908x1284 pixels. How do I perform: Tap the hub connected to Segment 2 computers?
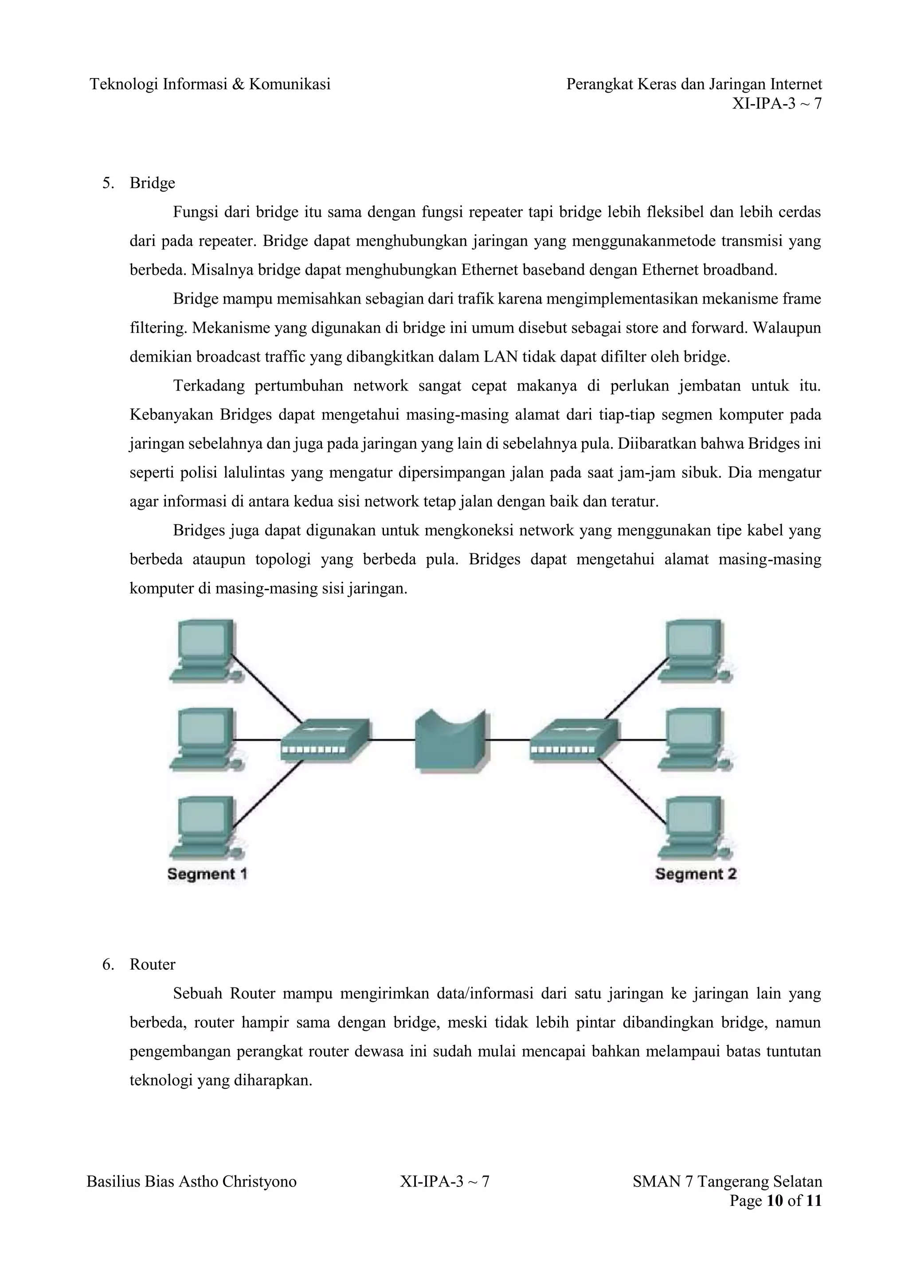(574, 740)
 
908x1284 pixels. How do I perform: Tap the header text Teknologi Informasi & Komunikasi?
(210, 84)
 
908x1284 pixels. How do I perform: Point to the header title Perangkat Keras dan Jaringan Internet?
(694, 84)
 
